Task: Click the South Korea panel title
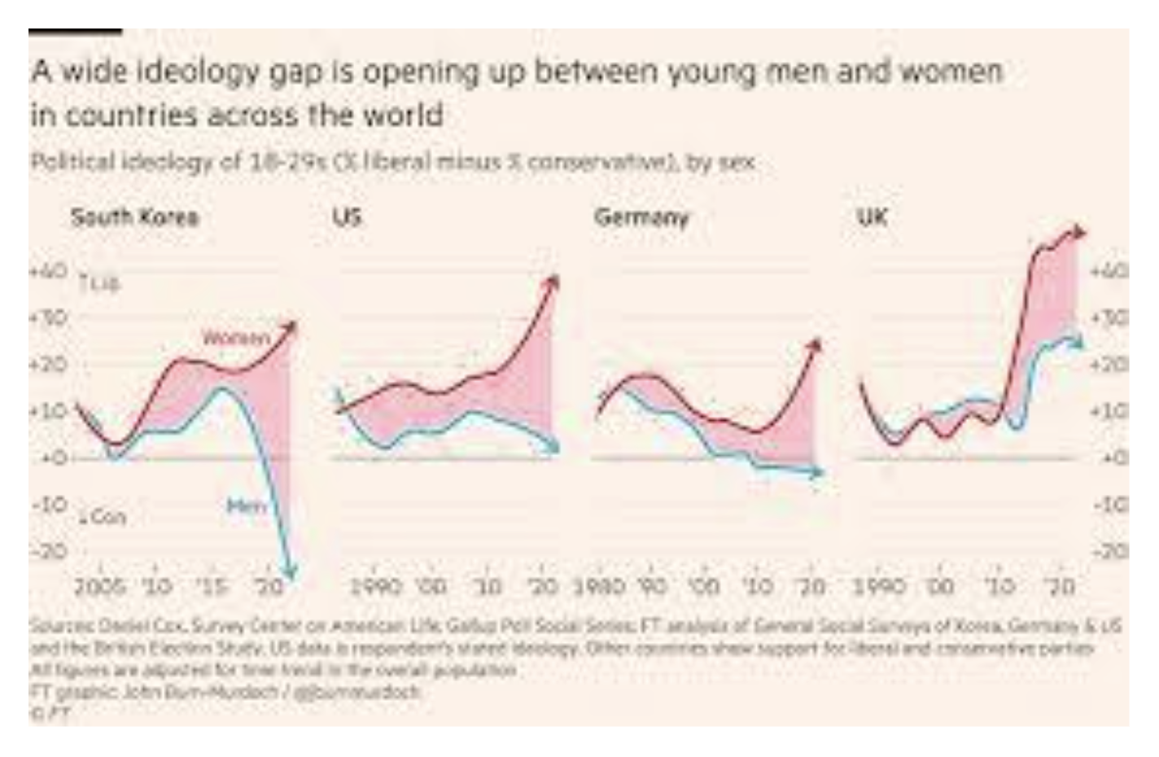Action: tap(134, 217)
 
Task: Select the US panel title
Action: tap(346, 217)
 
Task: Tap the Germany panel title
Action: tap(641, 217)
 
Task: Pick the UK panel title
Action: tap(871, 217)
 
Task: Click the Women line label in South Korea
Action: tap(236, 337)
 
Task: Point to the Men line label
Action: tap(246, 506)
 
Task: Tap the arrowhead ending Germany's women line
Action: tap(816, 345)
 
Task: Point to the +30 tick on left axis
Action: tap(50, 317)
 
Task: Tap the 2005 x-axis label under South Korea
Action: tap(100, 586)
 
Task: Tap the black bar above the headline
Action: tap(75, 32)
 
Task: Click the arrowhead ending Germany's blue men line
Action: tap(819, 471)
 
